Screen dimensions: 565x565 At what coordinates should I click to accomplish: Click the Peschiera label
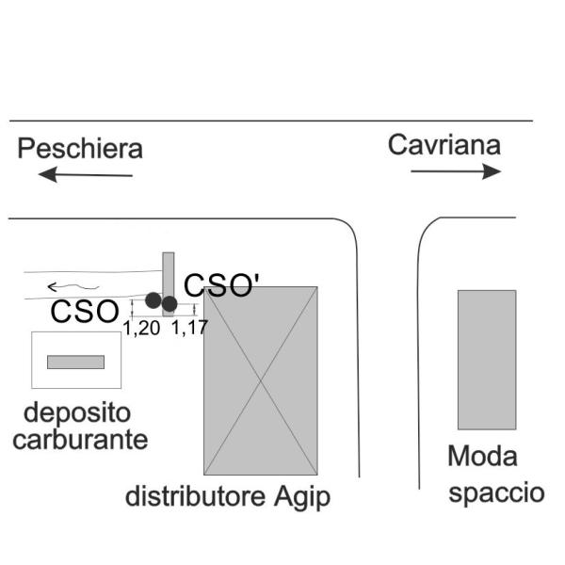tap(81, 149)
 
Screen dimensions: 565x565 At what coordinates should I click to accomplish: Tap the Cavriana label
tap(444, 145)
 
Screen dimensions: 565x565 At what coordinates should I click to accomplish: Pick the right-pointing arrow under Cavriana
tap(456, 171)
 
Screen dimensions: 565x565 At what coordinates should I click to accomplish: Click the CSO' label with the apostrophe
tap(220, 285)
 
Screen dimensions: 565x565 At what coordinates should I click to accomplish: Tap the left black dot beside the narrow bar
tap(153, 301)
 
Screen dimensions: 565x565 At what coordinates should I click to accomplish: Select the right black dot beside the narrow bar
tap(169, 303)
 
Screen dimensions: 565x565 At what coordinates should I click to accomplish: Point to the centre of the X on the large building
tap(261, 380)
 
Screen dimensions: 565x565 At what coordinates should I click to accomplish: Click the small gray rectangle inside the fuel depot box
tap(75, 362)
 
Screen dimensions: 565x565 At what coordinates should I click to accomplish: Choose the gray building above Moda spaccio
tap(487, 360)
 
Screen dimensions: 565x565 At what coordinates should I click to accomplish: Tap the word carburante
tap(80, 439)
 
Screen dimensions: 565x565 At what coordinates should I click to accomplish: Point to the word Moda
tap(482, 458)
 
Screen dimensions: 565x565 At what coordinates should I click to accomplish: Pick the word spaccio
tap(496, 492)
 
